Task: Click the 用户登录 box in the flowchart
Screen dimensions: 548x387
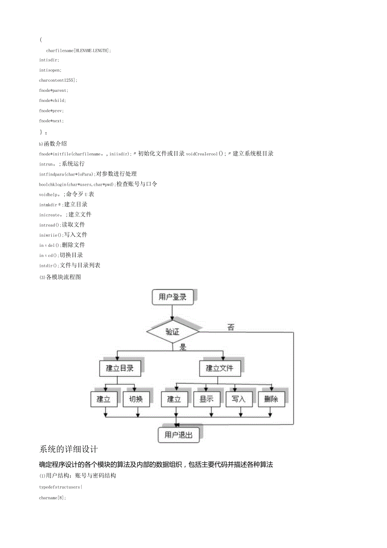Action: pyautogui.click(x=172, y=297)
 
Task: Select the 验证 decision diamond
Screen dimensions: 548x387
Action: pyautogui.click(x=172, y=332)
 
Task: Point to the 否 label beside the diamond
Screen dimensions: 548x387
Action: pyautogui.click(x=231, y=327)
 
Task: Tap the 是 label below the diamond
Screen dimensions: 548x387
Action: pyautogui.click(x=183, y=348)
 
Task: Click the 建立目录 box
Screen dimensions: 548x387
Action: pyautogui.click(x=119, y=368)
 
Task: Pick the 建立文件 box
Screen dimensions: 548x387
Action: pyautogui.click(x=219, y=368)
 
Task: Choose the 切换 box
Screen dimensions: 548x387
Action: pyautogui.click(x=136, y=399)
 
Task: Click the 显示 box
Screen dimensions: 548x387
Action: pyautogui.click(x=206, y=399)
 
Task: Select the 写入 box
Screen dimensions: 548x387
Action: pyautogui.click(x=239, y=399)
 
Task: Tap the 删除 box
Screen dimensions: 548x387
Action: pyautogui.click(x=271, y=399)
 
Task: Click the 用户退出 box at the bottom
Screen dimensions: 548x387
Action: pyautogui.click(x=178, y=435)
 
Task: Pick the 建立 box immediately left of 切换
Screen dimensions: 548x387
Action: pyautogui.click(x=103, y=399)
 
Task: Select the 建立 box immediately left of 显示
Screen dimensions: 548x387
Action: pyautogui.click(x=174, y=399)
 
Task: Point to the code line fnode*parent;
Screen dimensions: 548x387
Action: pyautogui.click(x=53, y=91)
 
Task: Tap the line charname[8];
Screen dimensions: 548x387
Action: pyautogui.click(x=53, y=498)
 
